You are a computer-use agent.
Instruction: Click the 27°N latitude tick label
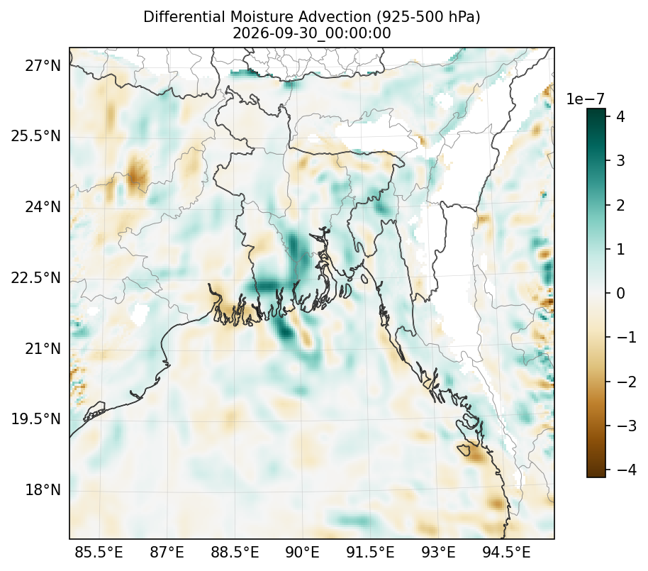click(43, 65)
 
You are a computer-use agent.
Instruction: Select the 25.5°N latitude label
click(36, 136)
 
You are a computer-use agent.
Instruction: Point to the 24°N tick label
click(43, 206)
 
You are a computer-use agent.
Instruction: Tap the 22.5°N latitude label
click(36, 277)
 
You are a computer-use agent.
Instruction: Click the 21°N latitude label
click(43, 348)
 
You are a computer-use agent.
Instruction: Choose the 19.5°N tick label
click(36, 419)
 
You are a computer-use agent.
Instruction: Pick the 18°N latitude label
click(43, 490)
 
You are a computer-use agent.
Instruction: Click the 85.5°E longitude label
click(99, 552)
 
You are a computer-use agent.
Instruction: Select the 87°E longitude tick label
click(167, 552)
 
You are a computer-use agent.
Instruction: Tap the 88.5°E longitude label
click(235, 552)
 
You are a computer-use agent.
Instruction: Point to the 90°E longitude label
click(303, 552)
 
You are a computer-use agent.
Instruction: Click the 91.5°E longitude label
click(370, 552)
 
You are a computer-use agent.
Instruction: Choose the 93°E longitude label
click(438, 552)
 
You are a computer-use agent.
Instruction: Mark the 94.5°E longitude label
click(506, 552)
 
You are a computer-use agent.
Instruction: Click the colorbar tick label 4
click(621, 116)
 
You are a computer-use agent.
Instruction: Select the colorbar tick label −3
click(627, 426)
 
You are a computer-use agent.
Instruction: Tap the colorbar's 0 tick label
click(621, 293)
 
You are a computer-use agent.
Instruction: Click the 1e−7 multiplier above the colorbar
click(585, 99)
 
